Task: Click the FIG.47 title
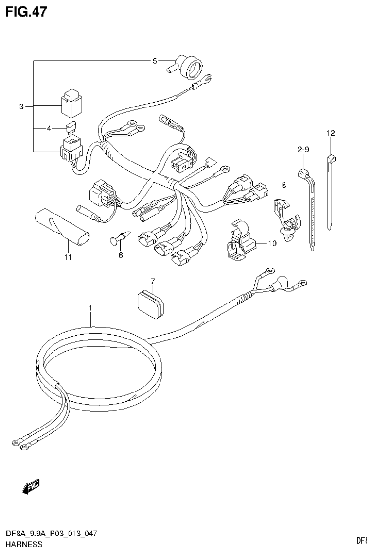(x=26, y=11)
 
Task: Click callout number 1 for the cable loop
(x=90, y=308)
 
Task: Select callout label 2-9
(x=303, y=149)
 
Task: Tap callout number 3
(x=21, y=107)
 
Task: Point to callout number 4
(x=49, y=129)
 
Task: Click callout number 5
(x=155, y=61)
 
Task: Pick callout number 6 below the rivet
(x=120, y=255)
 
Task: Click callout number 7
(x=152, y=281)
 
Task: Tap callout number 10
(x=271, y=243)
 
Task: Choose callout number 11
(x=68, y=257)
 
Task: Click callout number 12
(x=331, y=133)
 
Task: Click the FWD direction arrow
(x=31, y=486)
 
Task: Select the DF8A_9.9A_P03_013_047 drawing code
(x=51, y=534)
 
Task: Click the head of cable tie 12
(x=331, y=158)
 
